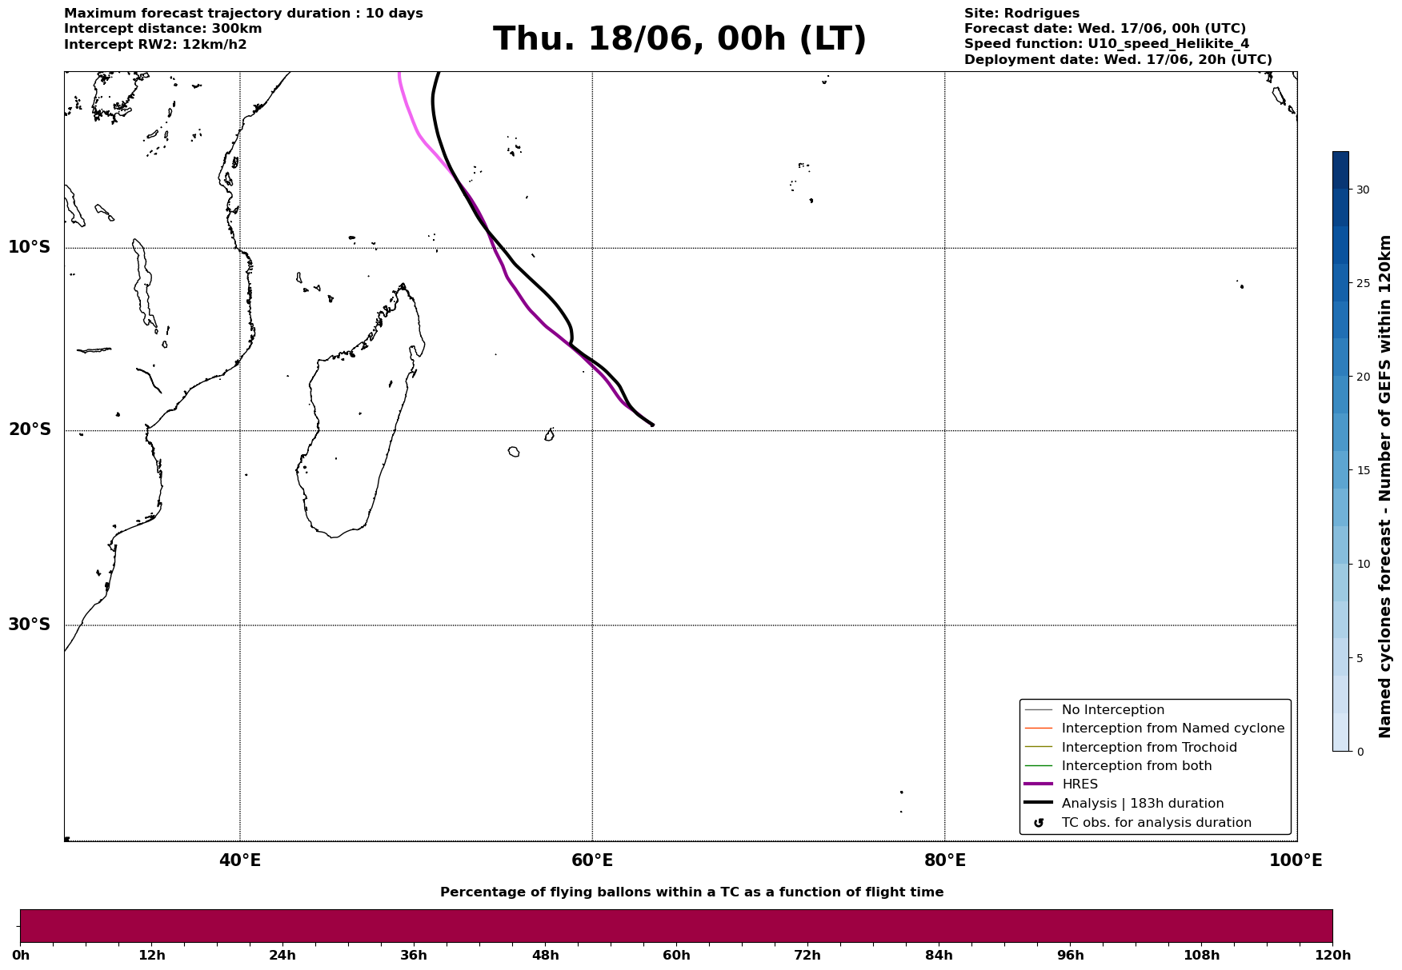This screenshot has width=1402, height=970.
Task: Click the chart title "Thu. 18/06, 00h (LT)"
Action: pyautogui.click(x=679, y=39)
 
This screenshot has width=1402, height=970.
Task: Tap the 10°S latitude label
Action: pyautogui.click(x=29, y=247)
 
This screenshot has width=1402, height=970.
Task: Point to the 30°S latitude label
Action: pyautogui.click(x=29, y=625)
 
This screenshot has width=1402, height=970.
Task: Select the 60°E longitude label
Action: pyautogui.click(x=592, y=860)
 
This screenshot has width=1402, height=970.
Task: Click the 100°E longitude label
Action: pyautogui.click(x=1296, y=860)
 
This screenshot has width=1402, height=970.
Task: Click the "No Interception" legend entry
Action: pyautogui.click(x=1094, y=710)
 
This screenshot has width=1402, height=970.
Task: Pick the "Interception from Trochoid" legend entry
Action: pyautogui.click(x=1131, y=748)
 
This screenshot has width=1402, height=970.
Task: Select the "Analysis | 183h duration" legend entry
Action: pyautogui.click(x=1124, y=804)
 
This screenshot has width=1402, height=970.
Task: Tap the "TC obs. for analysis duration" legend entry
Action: pyautogui.click(x=1137, y=823)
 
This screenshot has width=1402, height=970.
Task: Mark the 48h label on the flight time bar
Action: pyautogui.click(x=545, y=956)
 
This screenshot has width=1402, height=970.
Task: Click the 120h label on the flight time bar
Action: pyautogui.click(x=1332, y=956)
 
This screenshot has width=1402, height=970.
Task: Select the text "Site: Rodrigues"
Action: pyautogui.click(x=1022, y=14)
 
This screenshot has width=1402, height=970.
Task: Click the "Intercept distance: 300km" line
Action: pyautogui.click(x=163, y=29)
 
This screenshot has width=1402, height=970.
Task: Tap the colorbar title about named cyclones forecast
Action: pyautogui.click(x=1385, y=486)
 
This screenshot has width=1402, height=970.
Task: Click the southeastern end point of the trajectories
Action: pyautogui.click(x=653, y=425)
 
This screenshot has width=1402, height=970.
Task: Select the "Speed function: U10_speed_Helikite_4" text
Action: pyautogui.click(x=1107, y=44)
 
